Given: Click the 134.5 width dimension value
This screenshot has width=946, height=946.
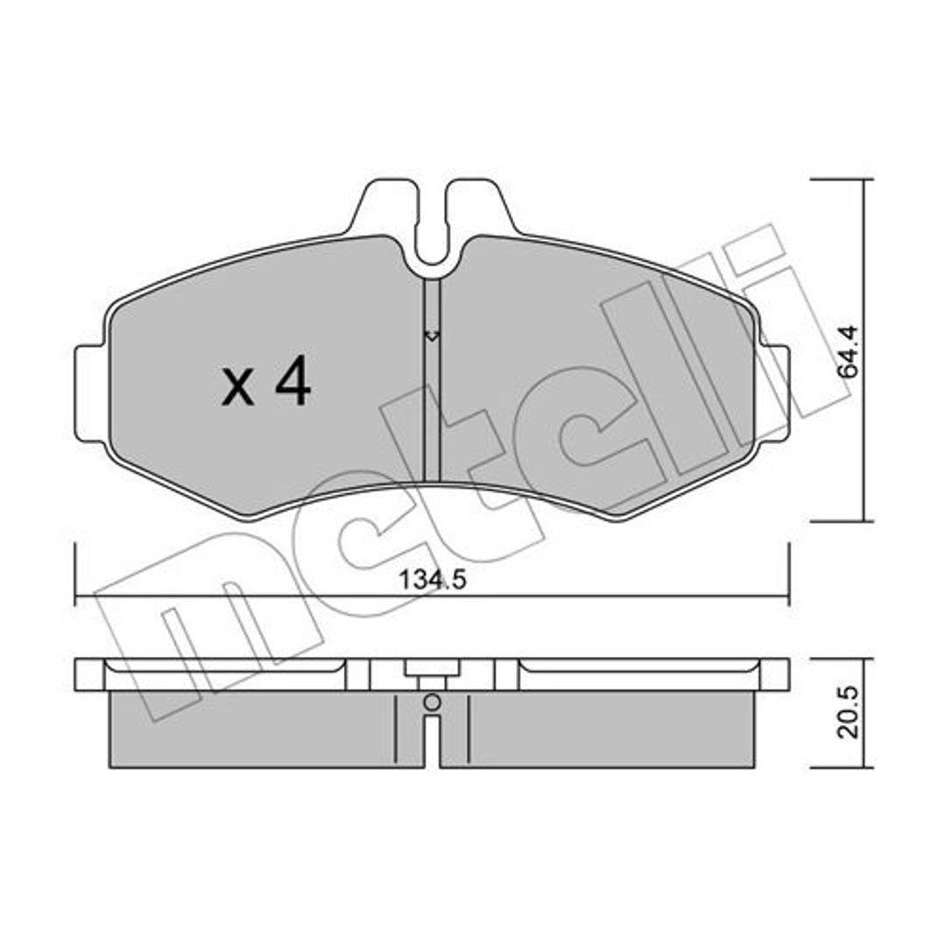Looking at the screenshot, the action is tap(433, 581).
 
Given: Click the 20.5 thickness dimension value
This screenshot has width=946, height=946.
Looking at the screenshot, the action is tap(848, 711).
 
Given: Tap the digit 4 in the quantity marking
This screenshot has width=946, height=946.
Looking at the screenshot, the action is tap(293, 381).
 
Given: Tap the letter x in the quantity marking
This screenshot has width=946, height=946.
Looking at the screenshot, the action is tap(237, 388).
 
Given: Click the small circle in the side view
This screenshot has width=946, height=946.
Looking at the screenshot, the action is tap(432, 702).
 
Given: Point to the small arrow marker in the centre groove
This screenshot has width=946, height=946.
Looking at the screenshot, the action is tap(432, 335).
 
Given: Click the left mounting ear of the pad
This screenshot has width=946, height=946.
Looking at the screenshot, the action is tap(90, 392).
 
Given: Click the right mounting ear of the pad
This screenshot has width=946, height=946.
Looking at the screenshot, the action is tap(773, 392).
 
